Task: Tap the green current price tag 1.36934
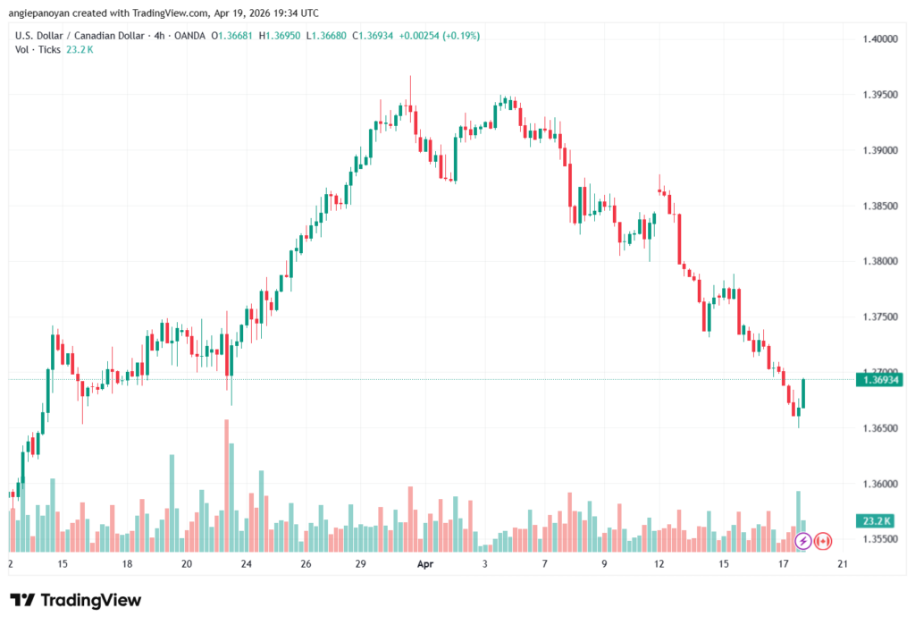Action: [x=879, y=380]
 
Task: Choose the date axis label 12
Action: [x=659, y=564]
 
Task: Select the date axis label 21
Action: [x=842, y=564]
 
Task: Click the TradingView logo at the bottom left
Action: [x=75, y=600]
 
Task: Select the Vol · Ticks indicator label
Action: [x=36, y=49]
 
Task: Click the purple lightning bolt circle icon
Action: [x=802, y=541]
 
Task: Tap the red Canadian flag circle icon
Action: [x=823, y=541]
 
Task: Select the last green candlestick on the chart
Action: [x=803, y=393]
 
